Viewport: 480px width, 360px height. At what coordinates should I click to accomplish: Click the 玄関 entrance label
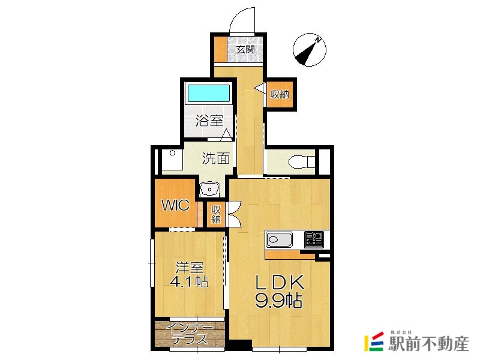coord(245,49)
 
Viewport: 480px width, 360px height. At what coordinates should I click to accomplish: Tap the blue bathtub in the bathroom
coord(208,93)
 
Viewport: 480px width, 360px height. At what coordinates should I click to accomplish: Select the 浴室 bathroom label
coord(209,121)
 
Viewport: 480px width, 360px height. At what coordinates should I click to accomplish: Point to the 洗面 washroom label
coord(216,158)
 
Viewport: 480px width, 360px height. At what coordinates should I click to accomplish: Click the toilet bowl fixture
coord(302,161)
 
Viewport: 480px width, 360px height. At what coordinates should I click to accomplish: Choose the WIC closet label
coord(175,205)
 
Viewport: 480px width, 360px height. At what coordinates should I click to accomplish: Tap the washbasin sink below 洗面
coord(209,189)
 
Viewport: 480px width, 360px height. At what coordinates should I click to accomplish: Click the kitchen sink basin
coord(279,239)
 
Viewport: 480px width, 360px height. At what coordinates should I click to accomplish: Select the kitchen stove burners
coord(314,239)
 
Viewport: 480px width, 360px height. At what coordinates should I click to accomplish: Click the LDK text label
coord(280,282)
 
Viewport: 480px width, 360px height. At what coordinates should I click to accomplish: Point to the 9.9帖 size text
coord(279,301)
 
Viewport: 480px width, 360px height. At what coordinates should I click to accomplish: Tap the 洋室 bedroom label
coord(190,268)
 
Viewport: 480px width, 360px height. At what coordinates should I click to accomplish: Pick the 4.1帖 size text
coord(189,281)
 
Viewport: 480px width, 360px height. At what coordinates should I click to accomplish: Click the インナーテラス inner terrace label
coord(190,334)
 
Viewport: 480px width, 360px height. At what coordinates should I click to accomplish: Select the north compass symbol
coord(310,50)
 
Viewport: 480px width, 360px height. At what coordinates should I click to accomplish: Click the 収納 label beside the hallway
coord(280,95)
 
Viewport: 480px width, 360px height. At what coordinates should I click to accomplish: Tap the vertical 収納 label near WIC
coord(216,214)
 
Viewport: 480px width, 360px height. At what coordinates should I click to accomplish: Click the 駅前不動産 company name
coord(428,343)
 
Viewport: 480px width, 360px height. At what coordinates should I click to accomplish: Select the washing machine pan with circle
coord(172,160)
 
